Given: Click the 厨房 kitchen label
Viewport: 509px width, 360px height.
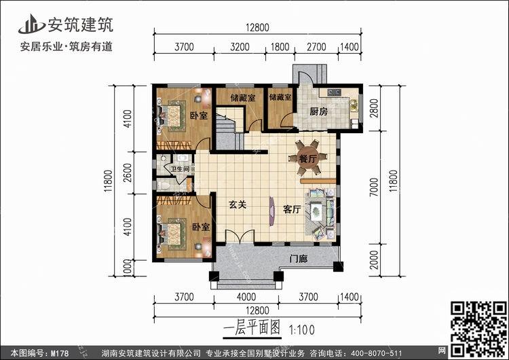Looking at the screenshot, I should point(319,112).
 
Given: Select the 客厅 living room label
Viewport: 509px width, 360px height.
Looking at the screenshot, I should point(292,210).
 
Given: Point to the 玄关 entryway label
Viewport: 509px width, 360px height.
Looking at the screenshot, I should point(236,204).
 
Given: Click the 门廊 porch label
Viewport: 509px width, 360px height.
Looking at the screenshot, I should point(299,258).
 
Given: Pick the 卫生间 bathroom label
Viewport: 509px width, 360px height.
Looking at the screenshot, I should point(180,170).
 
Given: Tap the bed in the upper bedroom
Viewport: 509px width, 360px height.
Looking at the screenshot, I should point(172,116).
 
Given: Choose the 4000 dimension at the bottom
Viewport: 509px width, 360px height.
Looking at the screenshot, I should point(246,296).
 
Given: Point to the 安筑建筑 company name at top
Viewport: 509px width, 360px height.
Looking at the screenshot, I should point(79,24).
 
